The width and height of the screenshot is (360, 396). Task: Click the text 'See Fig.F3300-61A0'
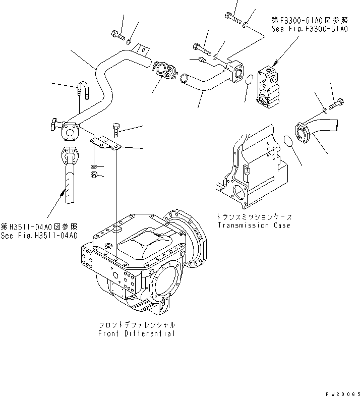[310, 30]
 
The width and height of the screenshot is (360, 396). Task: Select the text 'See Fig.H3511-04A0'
[39, 235]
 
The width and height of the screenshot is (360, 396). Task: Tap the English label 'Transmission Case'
[254, 225]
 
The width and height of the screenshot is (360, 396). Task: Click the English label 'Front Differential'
[137, 333]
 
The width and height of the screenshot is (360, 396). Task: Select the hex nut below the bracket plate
[93, 175]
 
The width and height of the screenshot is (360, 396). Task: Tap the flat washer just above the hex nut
[94, 166]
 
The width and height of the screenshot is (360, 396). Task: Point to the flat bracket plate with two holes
[106, 143]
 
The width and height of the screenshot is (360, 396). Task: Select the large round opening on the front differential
[165, 283]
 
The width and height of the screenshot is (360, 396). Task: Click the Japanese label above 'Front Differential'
[137, 325]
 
